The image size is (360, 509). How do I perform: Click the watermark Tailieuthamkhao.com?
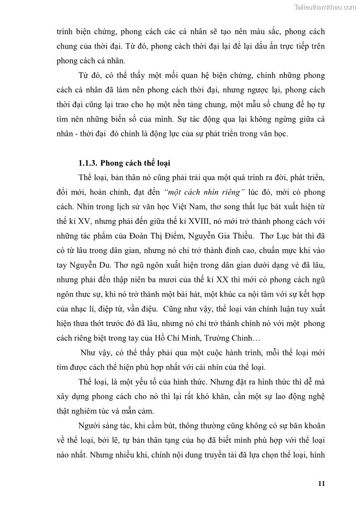[325, 7]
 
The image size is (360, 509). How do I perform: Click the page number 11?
[321, 483]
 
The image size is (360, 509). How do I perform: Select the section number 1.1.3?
[87, 163]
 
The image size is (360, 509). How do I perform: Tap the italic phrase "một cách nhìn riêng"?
[199, 192]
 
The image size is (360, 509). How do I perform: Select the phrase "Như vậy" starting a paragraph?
[93, 354]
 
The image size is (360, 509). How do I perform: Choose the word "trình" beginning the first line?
[65, 32]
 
